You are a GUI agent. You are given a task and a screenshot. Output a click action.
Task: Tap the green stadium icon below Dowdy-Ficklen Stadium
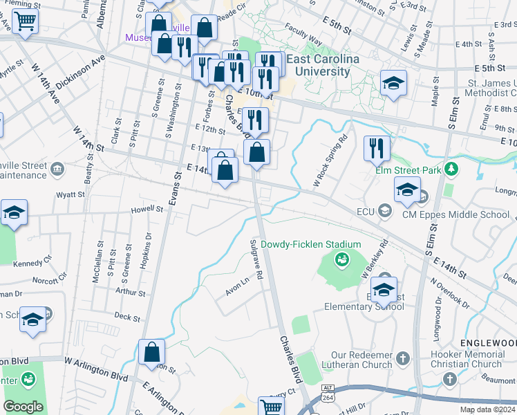tap(340, 260)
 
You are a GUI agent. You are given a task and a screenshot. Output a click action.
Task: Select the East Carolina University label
tap(323, 66)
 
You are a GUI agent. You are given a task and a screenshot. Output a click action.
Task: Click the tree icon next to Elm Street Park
tap(451, 169)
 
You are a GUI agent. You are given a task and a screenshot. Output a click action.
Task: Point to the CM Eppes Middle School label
tap(455, 214)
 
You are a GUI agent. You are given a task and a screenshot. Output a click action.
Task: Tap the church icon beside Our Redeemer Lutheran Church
tap(403, 358)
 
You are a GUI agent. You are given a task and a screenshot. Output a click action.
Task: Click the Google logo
tap(23, 406)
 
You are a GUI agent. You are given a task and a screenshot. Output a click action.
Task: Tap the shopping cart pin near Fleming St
tap(25, 21)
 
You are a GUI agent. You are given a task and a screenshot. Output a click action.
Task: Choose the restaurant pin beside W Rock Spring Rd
tap(377, 147)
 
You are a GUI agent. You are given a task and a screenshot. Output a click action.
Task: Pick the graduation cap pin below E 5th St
tap(393, 84)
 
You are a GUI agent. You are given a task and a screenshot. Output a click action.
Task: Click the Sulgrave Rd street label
tap(256, 259)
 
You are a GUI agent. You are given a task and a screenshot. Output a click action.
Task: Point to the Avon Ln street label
tap(236, 287)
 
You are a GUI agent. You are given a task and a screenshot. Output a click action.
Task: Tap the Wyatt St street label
tap(71, 195)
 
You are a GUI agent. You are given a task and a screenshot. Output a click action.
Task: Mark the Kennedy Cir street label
tap(32, 263)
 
